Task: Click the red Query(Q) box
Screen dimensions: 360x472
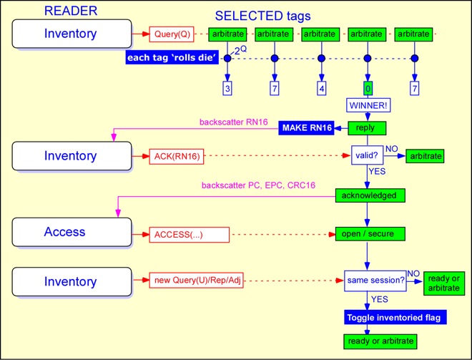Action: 171,34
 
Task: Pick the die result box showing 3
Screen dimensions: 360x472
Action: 227,87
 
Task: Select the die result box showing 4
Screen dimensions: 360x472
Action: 321,87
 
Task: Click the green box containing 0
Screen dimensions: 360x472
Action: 367,87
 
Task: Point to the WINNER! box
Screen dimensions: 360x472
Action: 367,106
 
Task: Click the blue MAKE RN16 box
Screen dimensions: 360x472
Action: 307,128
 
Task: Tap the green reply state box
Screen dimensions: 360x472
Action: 367,128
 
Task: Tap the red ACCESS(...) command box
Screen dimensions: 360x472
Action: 188,234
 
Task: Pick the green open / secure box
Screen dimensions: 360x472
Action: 370,233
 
